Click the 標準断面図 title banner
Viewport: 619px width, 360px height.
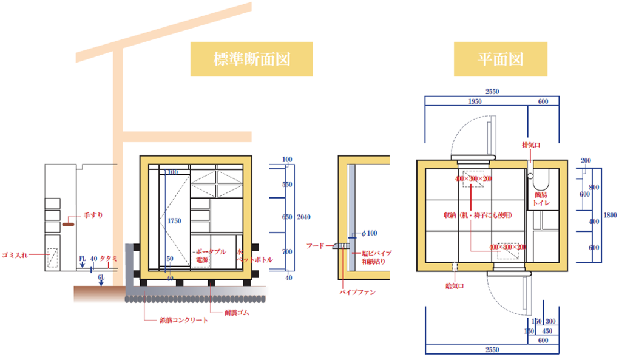click(x=252, y=59)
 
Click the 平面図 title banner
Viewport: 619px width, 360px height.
click(x=500, y=59)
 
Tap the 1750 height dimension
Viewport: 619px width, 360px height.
click(x=174, y=222)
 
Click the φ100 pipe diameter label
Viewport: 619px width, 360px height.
click(x=368, y=233)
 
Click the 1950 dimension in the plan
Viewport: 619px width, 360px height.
click(x=480, y=101)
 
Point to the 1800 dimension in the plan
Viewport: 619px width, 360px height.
click(x=610, y=214)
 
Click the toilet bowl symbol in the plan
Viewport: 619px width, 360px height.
click(x=540, y=180)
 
